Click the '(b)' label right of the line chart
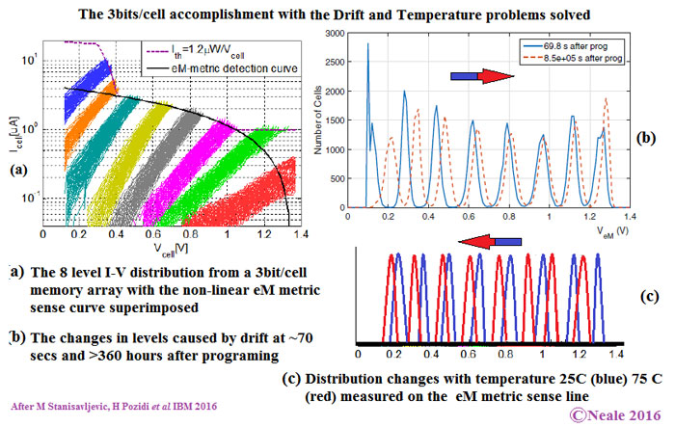[649, 140]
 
